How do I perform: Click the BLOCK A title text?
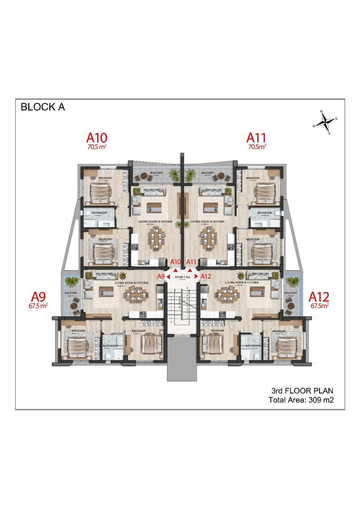[x=43, y=107]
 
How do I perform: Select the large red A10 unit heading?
[x=97, y=137]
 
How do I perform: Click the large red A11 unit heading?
[x=256, y=137]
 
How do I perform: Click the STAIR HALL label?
[x=183, y=277]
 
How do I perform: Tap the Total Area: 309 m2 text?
[x=301, y=400]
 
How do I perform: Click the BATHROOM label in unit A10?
[x=99, y=213]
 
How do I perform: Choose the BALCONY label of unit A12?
[x=291, y=293]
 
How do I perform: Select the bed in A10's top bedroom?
[x=100, y=193]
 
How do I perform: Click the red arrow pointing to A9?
[x=168, y=276]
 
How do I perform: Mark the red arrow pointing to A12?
[x=198, y=276]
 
